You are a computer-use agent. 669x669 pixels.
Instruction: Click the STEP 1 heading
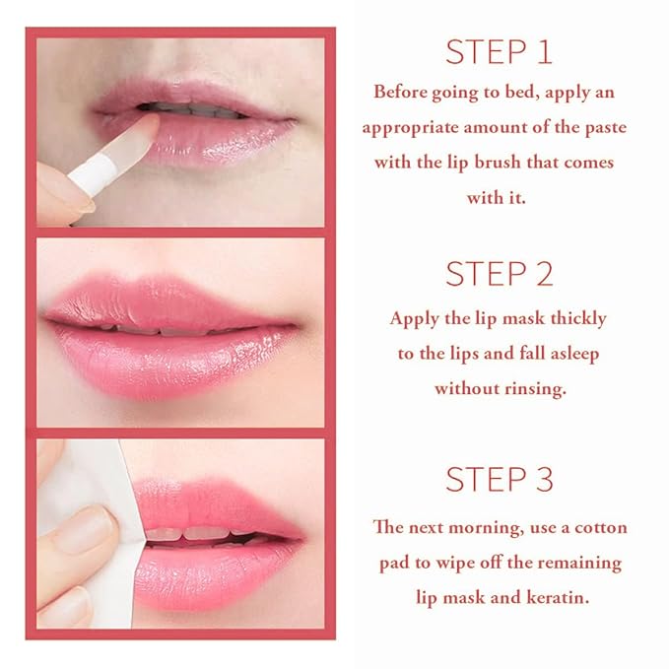(499, 52)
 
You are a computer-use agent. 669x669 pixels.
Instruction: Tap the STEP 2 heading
(499, 273)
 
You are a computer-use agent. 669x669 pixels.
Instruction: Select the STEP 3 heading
(499, 480)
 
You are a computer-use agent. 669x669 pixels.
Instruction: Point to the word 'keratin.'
(554, 598)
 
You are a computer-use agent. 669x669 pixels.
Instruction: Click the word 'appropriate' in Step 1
(408, 127)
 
